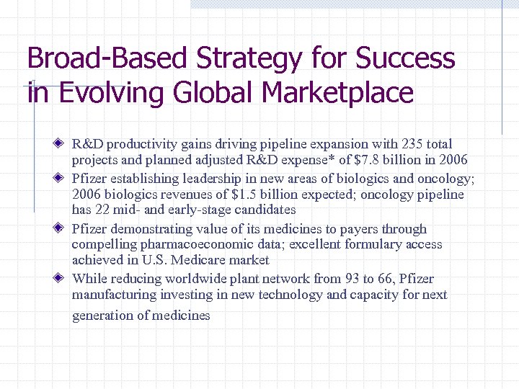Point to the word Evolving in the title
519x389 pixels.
[110, 92]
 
